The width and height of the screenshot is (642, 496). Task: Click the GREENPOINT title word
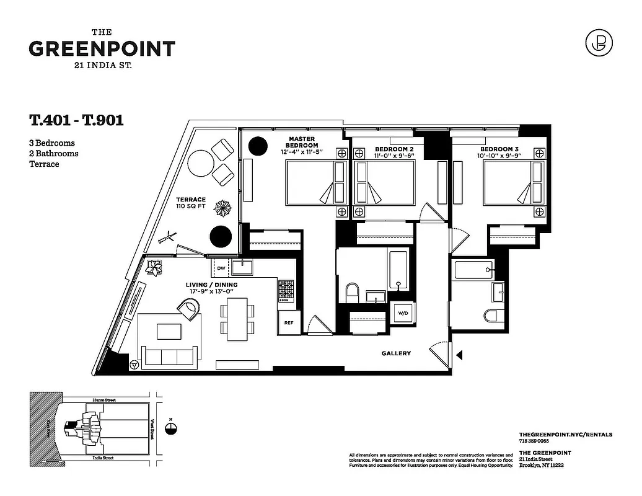[x=102, y=49]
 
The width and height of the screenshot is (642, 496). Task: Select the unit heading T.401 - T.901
[x=76, y=120]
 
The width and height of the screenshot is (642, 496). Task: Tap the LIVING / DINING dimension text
[x=212, y=289]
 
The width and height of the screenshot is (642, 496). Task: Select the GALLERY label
[x=396, y=353]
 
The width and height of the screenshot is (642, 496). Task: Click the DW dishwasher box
[x=221, y=268]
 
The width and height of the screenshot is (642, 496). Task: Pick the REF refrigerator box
[x=288, y=322]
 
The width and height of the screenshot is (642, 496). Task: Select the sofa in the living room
[x=169, y=355]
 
